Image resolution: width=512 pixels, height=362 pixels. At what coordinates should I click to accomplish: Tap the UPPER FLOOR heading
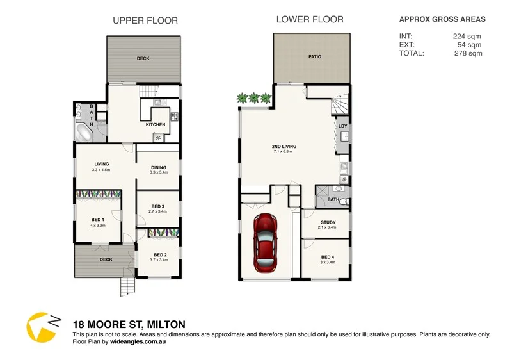(145, 21)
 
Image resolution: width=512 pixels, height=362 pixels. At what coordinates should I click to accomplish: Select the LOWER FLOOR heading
(310, 20)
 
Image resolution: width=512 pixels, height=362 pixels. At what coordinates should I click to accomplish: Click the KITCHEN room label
(156, 124)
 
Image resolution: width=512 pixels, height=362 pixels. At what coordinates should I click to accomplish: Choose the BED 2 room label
(159, 254)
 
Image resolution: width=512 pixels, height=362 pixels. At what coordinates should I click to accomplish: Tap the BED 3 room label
(158, 206)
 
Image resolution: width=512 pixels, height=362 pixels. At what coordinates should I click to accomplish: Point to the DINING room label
(158, 167)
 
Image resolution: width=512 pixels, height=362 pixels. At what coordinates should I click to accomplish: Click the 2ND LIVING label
(284, 146)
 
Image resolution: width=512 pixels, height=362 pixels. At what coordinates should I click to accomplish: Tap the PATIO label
(314, 57)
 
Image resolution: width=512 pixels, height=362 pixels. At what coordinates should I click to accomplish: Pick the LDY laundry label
(342, 126)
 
